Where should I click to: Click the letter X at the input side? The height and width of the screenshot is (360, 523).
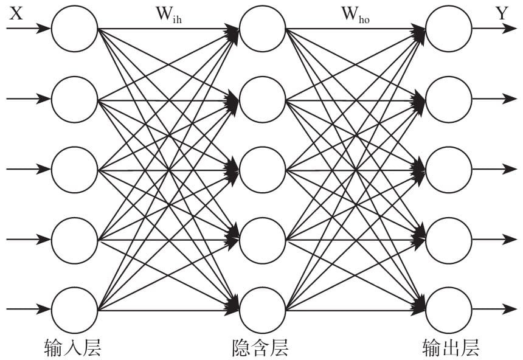pos(16,13)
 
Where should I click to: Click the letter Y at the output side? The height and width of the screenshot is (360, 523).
pos(502,13)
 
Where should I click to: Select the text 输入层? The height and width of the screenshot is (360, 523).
pos(72,346)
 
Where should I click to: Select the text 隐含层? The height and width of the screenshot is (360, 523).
pos(260,346)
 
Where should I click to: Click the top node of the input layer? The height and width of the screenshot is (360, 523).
pos(74,29)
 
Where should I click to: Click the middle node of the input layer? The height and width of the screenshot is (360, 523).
pos(74,169)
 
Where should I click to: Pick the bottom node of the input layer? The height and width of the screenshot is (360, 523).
pos(74,310)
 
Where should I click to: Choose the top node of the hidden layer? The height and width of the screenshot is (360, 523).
pos(263,29)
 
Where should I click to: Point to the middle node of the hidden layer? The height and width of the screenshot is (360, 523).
pos(263,169)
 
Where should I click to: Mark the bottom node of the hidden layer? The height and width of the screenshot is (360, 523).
pos(263,310)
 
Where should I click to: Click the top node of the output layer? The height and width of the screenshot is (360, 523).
pos(449,29)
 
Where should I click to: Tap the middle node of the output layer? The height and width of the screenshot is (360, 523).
pos(449,169)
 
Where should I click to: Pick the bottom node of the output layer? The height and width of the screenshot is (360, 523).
pos(449,310)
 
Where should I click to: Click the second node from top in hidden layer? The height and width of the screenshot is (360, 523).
pos(263,99)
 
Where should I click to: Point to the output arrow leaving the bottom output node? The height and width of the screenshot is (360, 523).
pos(494,310)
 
